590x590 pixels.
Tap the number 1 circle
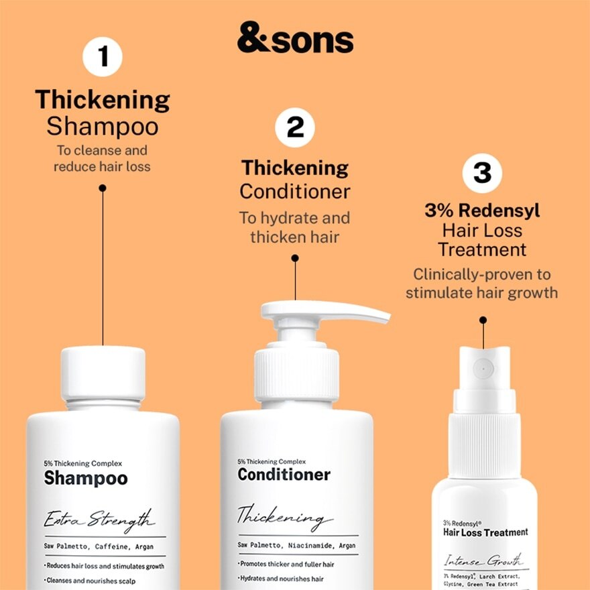tap(103, 57)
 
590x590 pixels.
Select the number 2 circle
tap(295, 127)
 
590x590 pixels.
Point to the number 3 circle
tap(482, 172)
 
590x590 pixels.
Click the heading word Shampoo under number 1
tap(103, 126)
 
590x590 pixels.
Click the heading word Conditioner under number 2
tap(295, 191)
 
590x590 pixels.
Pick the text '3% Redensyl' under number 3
tap(482, 211)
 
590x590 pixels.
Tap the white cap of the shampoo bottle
tap(103, 372)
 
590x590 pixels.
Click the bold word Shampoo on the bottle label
tap(86, 478)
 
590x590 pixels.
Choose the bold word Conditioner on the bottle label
tap(284, 475)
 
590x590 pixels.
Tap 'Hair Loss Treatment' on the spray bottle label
tap(485, 532)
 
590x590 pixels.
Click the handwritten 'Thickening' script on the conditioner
tap(285, 518)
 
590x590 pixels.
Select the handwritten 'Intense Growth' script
tap(483, 560)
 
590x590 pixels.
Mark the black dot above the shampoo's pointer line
tap(103, 188)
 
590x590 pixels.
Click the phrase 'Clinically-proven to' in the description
tap(481, 274)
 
